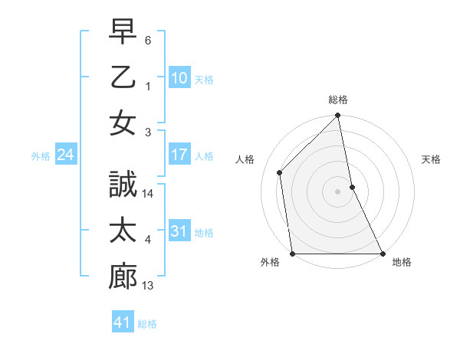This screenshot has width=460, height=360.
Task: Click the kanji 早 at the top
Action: coord(123,33)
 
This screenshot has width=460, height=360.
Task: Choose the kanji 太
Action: coord(123,231)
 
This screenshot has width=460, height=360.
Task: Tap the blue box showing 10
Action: coord(179,77)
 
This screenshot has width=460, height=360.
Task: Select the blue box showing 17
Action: coord(179,155)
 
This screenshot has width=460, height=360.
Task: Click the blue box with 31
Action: coord(179,231)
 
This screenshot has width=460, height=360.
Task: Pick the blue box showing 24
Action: coord(66,155)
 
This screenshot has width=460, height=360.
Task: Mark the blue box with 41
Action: coord(123,322)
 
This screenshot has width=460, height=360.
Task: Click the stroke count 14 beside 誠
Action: coord(149,195)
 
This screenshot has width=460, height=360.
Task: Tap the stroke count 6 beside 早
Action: coord(148,39)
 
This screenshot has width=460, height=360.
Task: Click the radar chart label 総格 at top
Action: coord(338,100)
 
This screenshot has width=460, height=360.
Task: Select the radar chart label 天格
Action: coord(431,159)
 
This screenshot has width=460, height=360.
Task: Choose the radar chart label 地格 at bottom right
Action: coord(402,262)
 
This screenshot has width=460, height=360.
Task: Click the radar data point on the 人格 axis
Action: coord(280,172)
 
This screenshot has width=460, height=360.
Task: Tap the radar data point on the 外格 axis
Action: coord(293,254)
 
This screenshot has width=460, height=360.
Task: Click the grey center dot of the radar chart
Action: coord(338,191)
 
